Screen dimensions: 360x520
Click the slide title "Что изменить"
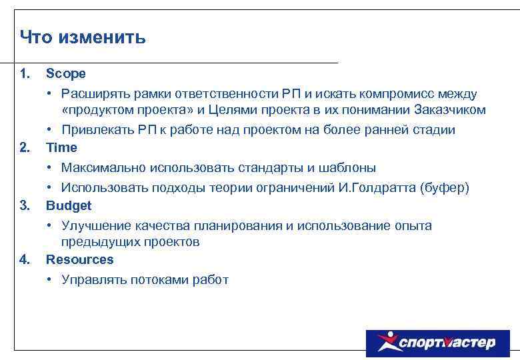tap(83, 37)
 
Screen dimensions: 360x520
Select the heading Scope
tap(65, 73)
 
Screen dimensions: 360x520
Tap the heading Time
tap(61, 147)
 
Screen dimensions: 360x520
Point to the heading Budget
tap(69, 205)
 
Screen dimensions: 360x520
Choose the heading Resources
tap(79, 259)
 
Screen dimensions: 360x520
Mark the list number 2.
tap(25, 147)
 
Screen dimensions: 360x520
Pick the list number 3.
tap(25, 205)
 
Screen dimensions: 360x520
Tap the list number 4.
tap(25, 259)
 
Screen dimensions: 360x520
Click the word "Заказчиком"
tap(449, 110)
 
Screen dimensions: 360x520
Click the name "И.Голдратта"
tap(377, 188)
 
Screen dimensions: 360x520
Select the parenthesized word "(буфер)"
tap(445, 188)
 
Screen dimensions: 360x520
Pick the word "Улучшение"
tap(94, 226)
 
